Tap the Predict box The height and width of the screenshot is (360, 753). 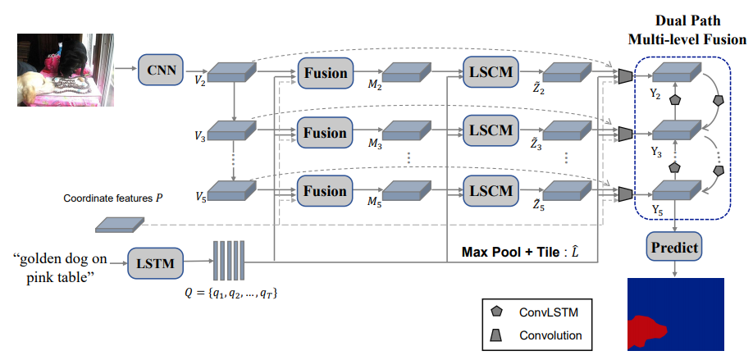point(675,247)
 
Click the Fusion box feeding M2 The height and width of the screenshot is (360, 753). point(324,71)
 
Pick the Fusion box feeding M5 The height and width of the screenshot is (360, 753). point(324,192)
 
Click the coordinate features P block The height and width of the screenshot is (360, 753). point(120,223)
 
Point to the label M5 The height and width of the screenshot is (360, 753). point(375,205)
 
